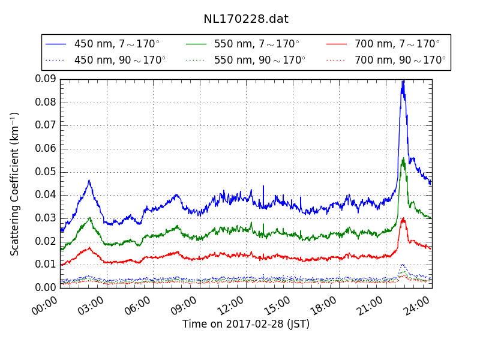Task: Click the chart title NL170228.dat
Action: point(246,19)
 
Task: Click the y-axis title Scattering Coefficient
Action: point(15,184)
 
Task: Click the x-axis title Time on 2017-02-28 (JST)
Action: point(246,324)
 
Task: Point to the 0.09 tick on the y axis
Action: point(46,79)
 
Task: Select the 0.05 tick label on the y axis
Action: point(46,172)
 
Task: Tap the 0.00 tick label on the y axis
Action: point(46,288)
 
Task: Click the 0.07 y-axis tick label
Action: point(46,125)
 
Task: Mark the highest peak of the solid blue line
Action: point(403,80)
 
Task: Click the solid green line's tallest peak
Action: point(403,158)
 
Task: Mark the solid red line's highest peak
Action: point(403,218)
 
